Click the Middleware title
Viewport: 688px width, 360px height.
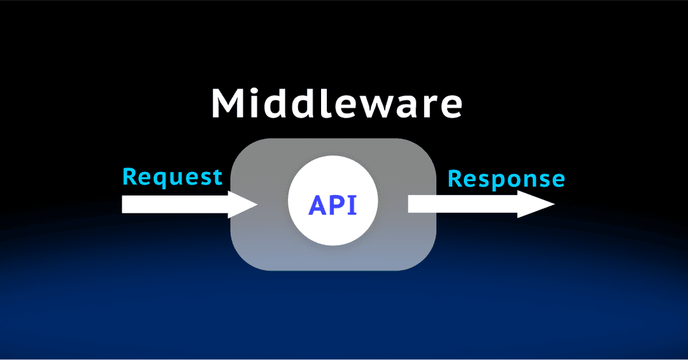coord(336,103)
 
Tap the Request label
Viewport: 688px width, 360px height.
coord(172,176)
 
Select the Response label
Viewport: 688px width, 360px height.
coord(506,179)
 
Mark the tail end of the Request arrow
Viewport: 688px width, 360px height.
coord(124,205)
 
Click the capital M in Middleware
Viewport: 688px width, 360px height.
coord(228,103)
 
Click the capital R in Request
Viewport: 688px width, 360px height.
coord(129,176)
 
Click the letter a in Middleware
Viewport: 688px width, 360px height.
coord(405,106)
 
